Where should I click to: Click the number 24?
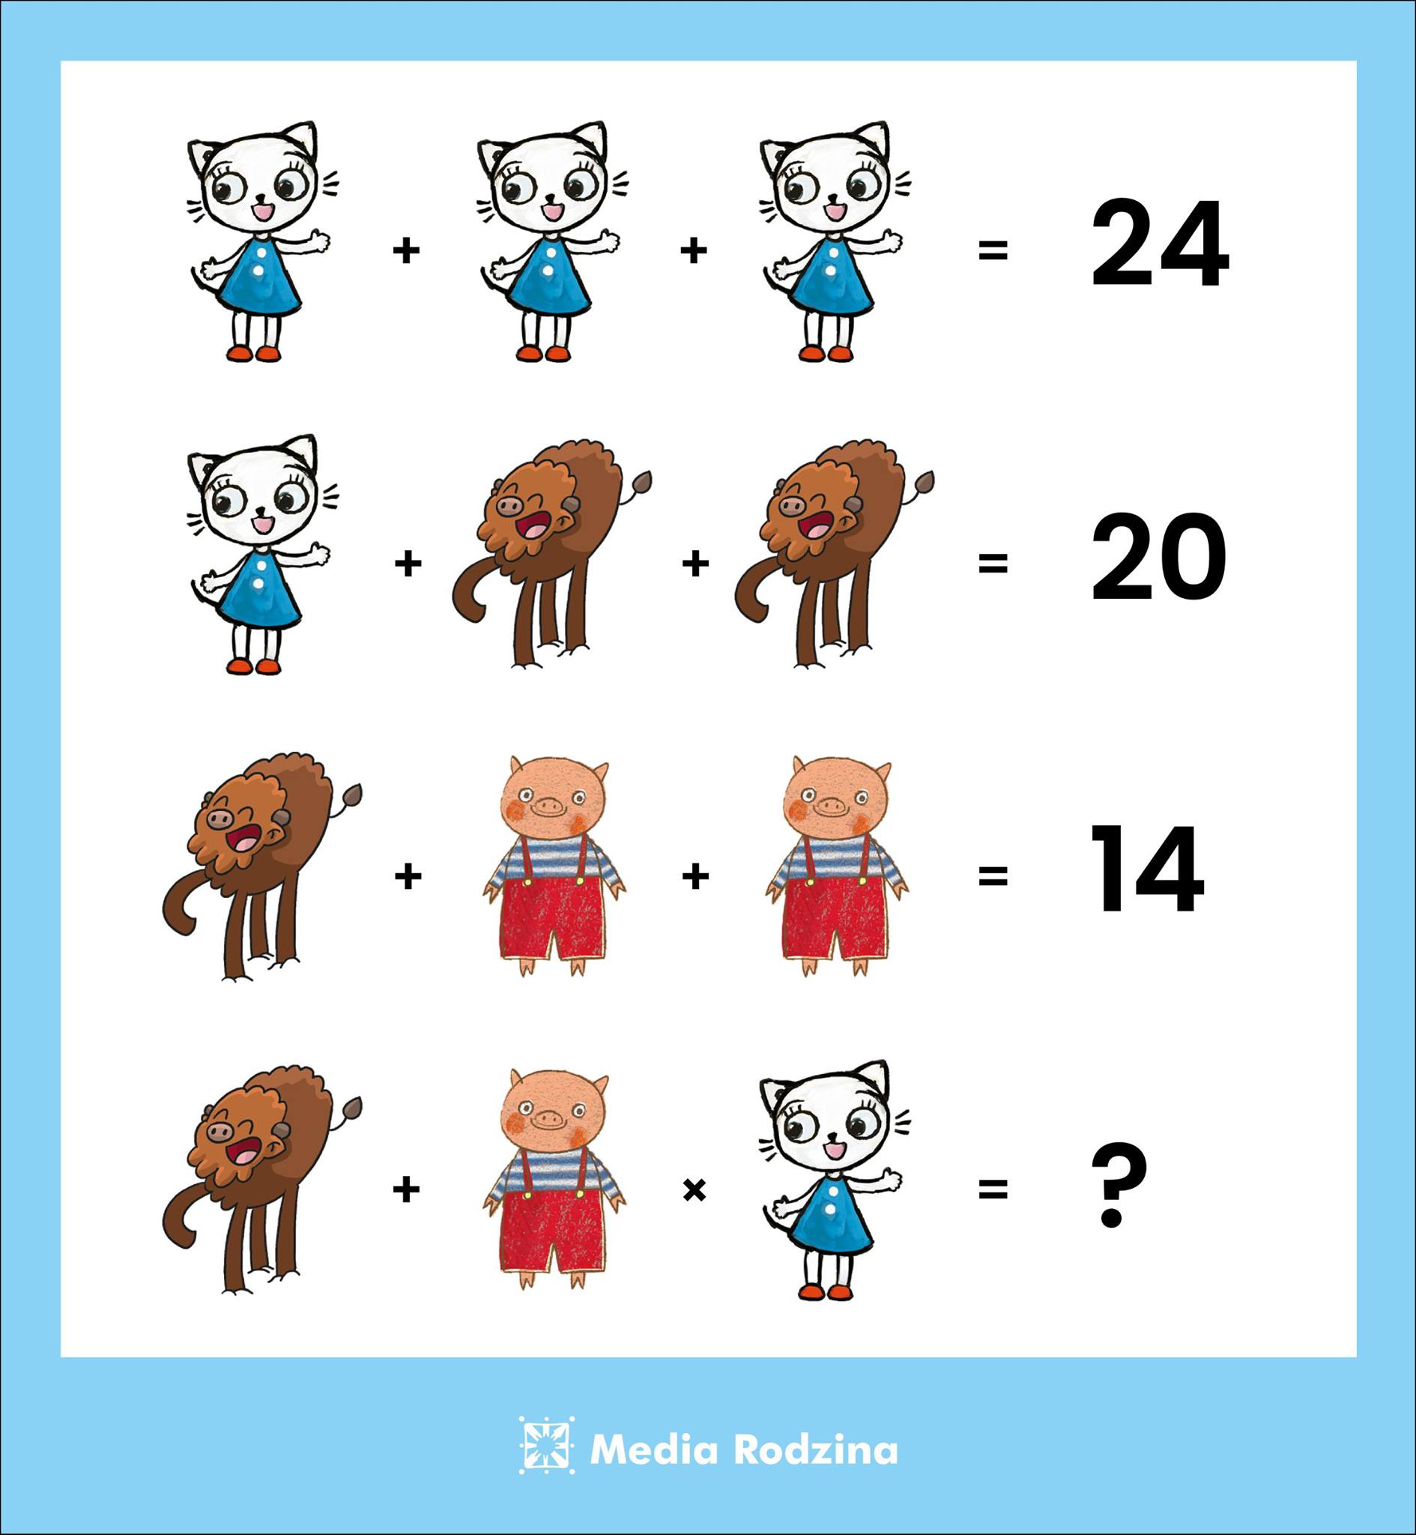1159,244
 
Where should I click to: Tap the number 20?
1158,557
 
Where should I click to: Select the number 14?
1146,869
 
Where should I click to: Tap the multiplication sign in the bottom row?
694,1190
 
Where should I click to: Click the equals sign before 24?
992,250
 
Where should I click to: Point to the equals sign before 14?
992,876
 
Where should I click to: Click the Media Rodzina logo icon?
546,1444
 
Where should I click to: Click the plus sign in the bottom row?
407,1190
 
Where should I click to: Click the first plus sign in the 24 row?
407,250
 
